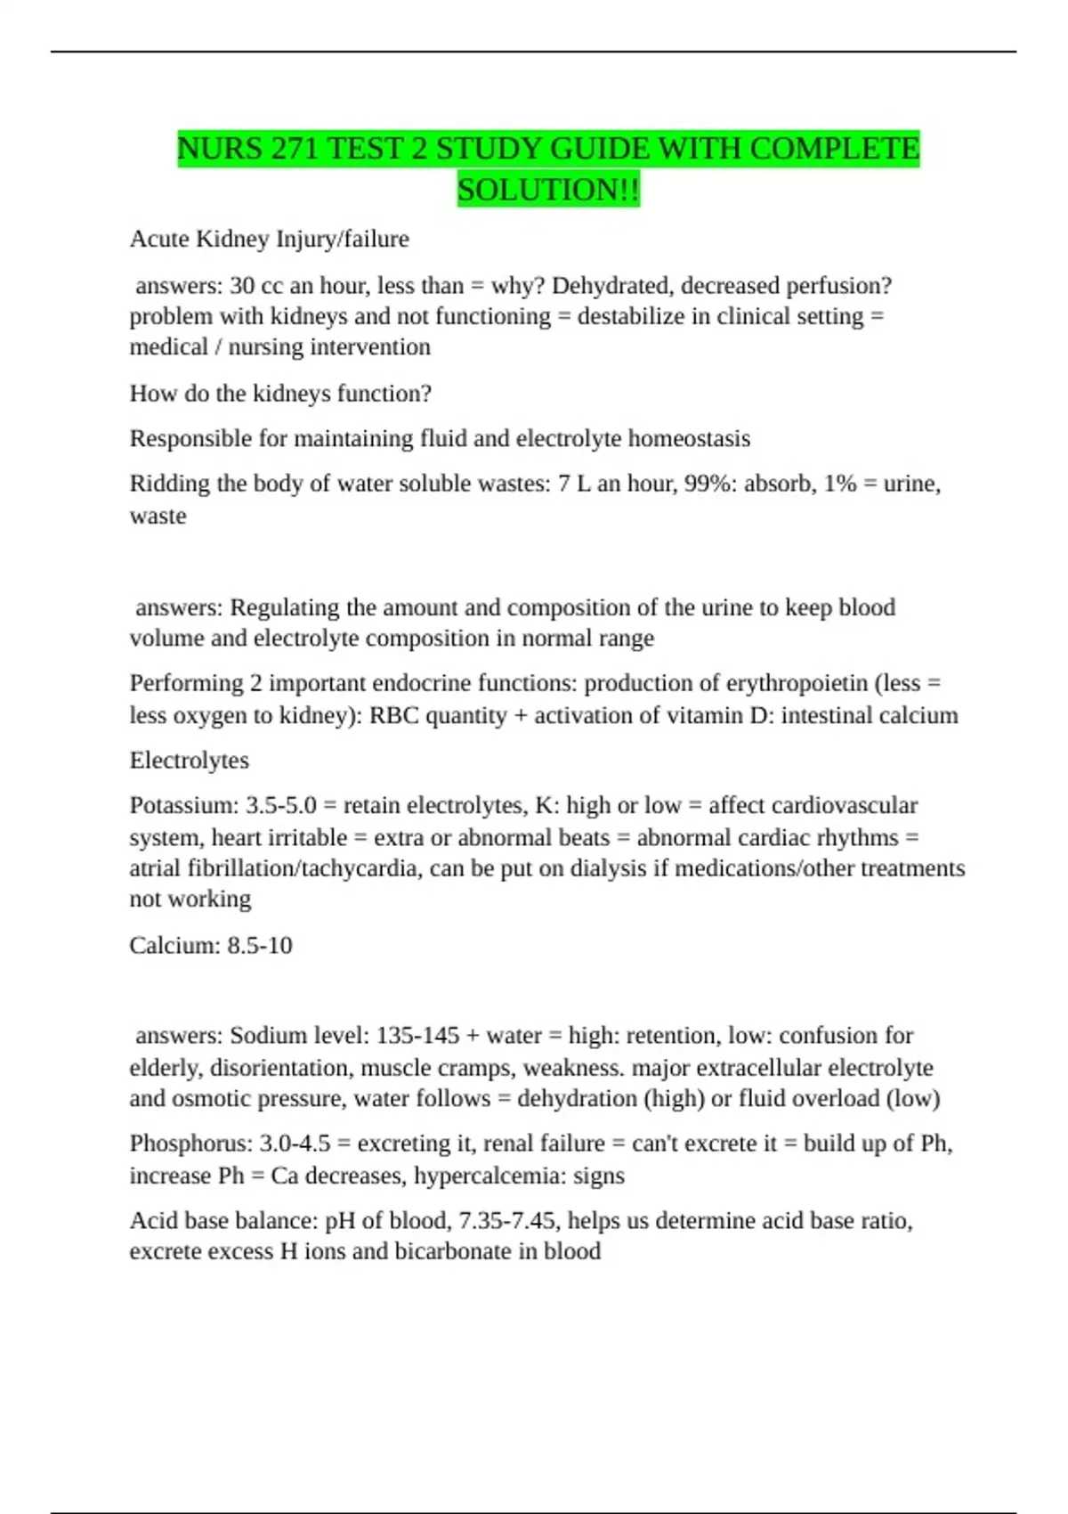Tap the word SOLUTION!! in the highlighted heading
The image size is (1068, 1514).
pos(548,190)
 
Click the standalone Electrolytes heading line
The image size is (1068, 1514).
pos(189,761)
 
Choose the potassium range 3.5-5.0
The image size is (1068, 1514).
pos(280,805)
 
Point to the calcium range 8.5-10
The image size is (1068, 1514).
pos(259,945)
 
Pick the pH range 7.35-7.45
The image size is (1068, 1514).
pos(506,1220)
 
